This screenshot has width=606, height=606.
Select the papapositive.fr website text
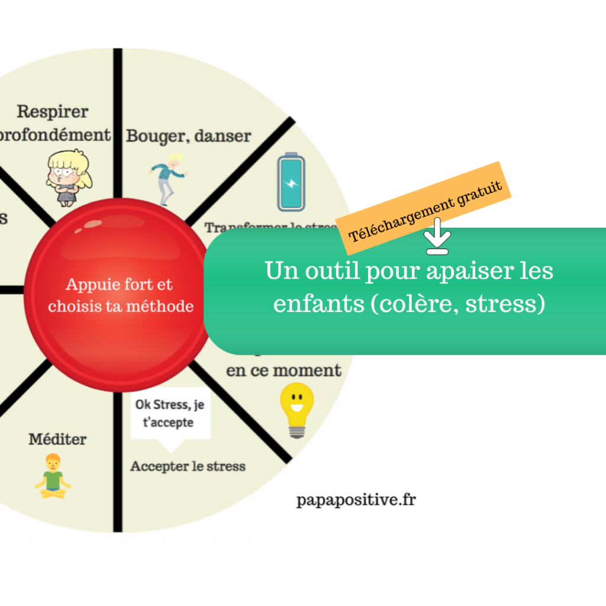(356, 500)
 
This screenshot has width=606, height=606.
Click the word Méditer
(57, 440)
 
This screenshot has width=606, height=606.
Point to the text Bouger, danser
(188, 136)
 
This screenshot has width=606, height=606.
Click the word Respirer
(52, 111)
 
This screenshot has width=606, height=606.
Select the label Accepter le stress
(188, 466)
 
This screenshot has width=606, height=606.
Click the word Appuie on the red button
(90, 284)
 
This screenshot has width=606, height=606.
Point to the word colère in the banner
(414, 304)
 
